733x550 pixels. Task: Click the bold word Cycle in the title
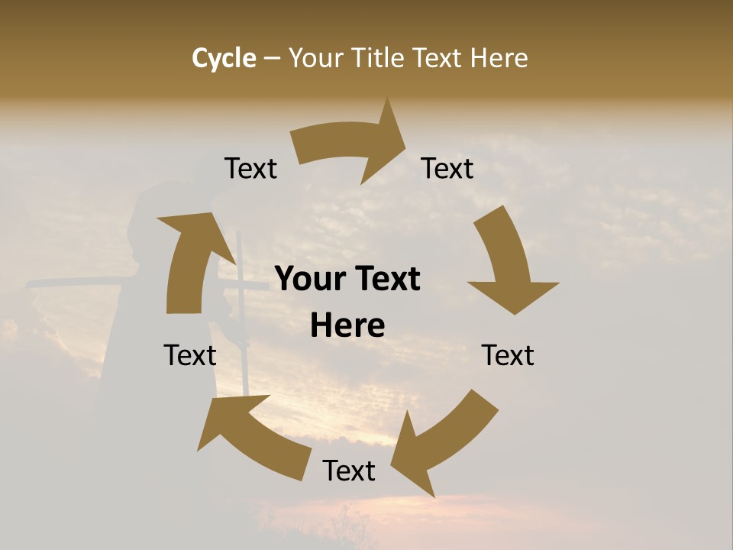tap(224, 58)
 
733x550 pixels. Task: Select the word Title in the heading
tap(378, 58)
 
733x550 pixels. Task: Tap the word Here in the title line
tap(498, 58)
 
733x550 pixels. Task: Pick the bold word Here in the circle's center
tap(347, 326)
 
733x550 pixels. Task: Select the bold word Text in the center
tap(386, 280)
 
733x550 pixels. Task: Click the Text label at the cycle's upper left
tap(250, 169)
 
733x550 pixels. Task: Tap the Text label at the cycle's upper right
tap(447, 169)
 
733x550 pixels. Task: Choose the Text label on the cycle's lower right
tap(508, 355)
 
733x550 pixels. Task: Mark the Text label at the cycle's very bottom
tap(349, 471)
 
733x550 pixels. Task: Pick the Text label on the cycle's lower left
tap(190, 355)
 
